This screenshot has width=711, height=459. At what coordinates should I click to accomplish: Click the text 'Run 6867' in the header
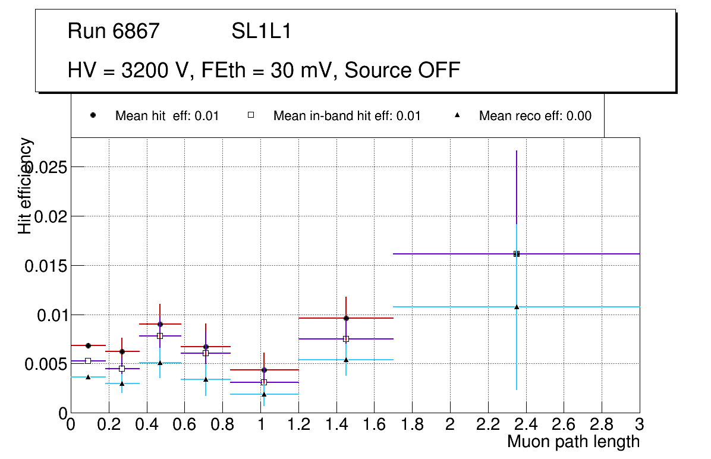(x=114, y=31)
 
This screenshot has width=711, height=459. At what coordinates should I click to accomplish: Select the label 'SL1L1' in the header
(x=262, y=31)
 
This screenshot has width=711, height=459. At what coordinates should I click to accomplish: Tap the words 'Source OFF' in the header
(x=402, y=70)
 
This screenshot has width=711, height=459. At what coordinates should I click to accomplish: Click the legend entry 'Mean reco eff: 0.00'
(x=535, y=116)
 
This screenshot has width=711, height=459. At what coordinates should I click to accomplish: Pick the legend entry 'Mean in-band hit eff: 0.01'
(x=347, y=116)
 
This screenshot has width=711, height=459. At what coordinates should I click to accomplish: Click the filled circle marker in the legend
(x=93, y=115)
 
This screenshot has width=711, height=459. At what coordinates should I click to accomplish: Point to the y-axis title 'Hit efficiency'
(x=26, y=186)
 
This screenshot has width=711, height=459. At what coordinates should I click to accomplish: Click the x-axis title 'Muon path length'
(x=573, y=442)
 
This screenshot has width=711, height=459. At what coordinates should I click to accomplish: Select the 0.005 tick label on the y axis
(x=45, y=363)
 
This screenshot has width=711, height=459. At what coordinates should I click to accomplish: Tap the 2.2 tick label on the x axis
(x=488, y=425)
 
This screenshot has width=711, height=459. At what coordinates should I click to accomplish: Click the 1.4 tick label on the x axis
(x=336, y=425)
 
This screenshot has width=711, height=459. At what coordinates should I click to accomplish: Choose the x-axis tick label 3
(x=640, y=425)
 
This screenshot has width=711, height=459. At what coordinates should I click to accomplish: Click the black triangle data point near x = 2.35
(x=517, y=307)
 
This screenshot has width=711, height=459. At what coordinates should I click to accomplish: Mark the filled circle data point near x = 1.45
(x=346, y=318)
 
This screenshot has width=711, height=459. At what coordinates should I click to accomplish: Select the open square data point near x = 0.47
(x=160, y=336)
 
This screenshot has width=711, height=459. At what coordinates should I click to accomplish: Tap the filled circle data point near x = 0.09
(x=88, y=345)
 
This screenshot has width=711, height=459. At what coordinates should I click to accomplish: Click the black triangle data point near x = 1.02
(x=264, y=394)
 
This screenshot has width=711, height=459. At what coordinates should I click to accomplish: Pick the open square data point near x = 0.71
(x=206, y=353)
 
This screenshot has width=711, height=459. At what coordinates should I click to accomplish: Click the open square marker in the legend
(x=251, y=115)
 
